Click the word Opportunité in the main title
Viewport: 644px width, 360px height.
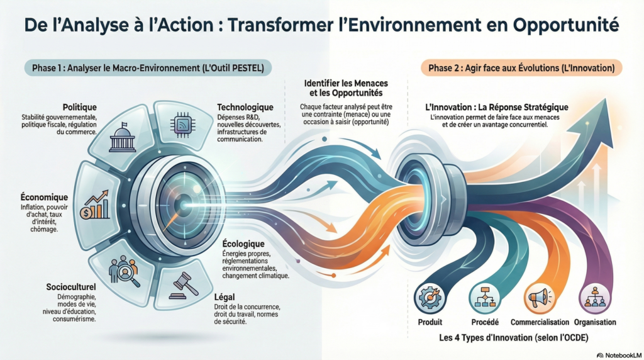tap(564, 25)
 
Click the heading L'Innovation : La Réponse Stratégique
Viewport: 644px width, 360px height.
tap(497, 107)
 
